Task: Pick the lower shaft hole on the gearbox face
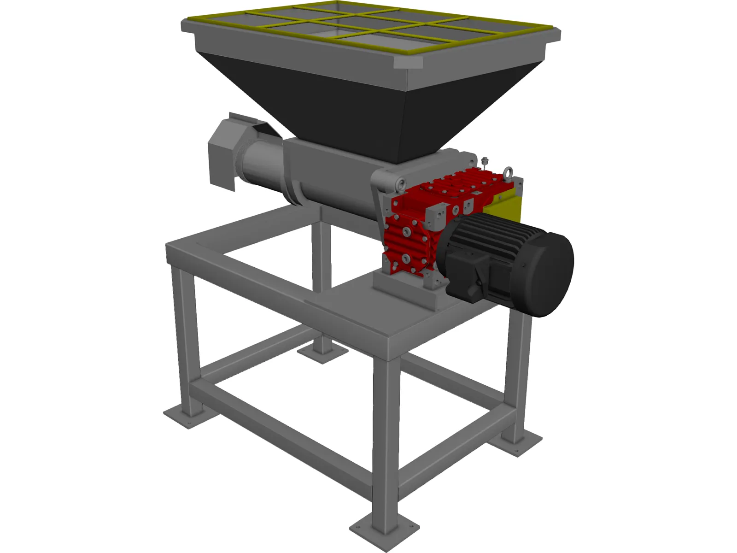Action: point(405,259)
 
